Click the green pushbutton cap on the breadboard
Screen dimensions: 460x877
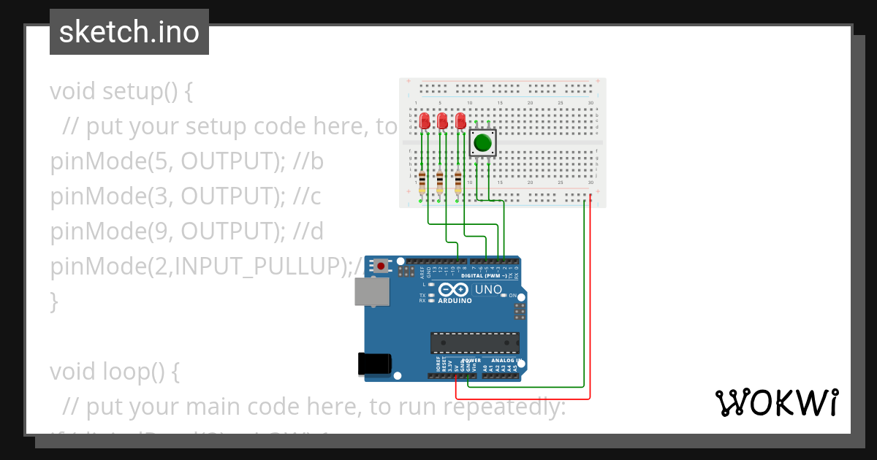tap(482, 142)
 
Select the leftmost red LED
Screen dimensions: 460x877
tap(425, 122)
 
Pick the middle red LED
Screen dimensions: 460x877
tap(442, 122)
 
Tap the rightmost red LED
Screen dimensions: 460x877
tap(460, 122)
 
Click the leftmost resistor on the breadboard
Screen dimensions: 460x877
tap(422, 181)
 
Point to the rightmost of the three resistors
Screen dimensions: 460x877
tap(458, 181)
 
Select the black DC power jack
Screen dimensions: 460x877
tap(373, 364)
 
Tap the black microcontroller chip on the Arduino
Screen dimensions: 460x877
tap(474, 342)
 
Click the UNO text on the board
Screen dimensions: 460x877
tap(488, 290)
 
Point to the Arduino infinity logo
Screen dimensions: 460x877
tap(453, 290)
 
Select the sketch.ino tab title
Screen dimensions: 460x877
tap(129, 32)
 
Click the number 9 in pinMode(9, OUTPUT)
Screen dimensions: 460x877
tap(155, 231)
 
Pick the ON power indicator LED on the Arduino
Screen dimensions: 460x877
tap(502, 295)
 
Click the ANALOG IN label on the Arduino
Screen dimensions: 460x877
tap(504, 361)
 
